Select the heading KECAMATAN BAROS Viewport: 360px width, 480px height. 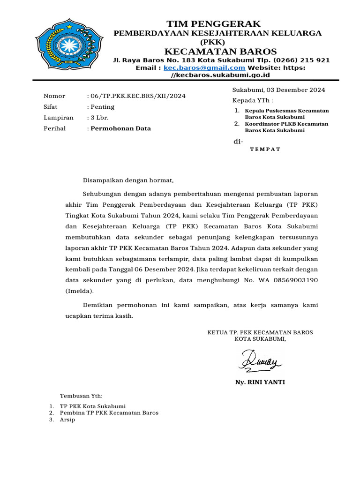coord(220,51)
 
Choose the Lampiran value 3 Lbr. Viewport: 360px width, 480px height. coord(99,118)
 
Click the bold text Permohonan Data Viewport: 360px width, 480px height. coord(120,128)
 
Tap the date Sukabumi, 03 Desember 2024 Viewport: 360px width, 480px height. coord(278,90)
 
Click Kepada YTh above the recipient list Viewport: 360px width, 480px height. coord(252,100)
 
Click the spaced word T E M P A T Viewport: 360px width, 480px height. coord(265,149)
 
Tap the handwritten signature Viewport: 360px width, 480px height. coord(260,361)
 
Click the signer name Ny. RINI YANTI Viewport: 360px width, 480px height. coord(260,382)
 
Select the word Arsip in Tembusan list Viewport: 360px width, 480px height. coord(67,420)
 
